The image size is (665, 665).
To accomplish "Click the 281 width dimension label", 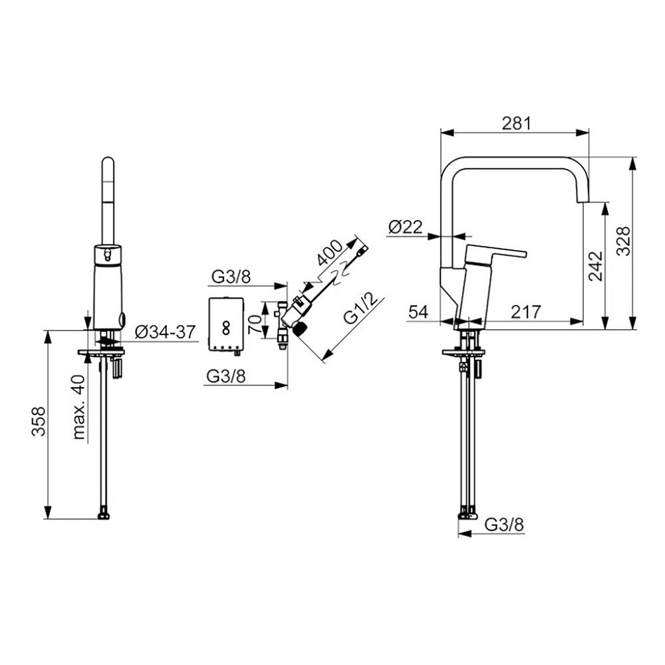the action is (516, 123).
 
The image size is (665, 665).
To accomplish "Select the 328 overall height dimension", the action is (623, 241).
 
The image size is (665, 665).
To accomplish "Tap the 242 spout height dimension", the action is (595, 266).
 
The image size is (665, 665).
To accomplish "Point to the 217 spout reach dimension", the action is (526, 312).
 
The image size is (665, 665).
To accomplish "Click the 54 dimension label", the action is (418, 312).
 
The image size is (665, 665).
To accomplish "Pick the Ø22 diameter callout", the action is (406, 227).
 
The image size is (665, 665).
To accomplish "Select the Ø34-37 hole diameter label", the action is (165, 332).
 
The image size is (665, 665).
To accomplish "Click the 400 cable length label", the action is (329, 253).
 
